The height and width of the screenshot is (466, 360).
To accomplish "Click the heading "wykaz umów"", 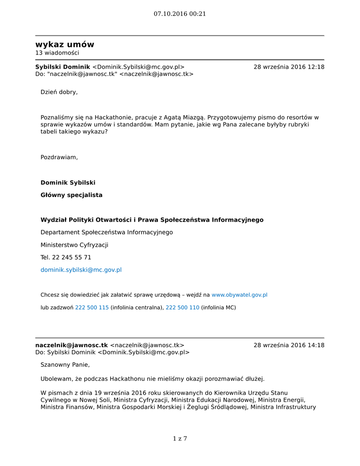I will [65, 45].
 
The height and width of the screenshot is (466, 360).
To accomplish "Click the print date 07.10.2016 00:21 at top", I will [180, 14].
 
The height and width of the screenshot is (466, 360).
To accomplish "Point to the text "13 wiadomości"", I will [57, 53].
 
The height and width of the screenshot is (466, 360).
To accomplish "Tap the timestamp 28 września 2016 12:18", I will [289, 67].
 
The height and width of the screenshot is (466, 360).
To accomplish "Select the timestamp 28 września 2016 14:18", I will [289, 345].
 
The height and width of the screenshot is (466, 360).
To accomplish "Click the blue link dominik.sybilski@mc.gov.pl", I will [81, 270].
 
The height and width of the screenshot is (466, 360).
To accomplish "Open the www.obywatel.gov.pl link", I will [239, 295].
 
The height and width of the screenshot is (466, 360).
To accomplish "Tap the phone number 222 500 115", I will [91, 308].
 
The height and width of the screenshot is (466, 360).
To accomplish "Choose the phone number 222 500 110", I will [182, 308].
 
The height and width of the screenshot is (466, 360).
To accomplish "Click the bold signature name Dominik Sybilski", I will [68, 182].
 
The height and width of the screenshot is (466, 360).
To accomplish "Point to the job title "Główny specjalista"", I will [71, 195].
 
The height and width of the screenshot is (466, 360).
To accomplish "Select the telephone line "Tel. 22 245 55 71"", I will [66, 258].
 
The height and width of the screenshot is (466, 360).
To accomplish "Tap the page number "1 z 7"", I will [180, 439].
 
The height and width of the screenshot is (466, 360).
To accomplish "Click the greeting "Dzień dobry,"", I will [59, 92].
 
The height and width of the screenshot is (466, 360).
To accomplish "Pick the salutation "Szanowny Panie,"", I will [65, 365].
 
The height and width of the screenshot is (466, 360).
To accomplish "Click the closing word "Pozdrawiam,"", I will [59, 157].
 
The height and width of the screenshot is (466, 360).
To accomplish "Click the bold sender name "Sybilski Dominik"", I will [63, 67].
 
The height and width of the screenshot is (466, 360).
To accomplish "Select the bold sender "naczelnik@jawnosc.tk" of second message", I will [71, 345].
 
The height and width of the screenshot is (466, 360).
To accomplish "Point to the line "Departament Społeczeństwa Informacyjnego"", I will [106, 233].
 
